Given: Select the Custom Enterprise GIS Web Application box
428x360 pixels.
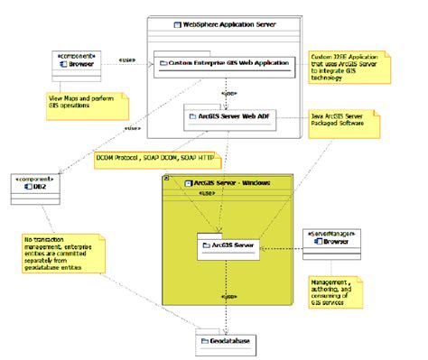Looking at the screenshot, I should [224, 63].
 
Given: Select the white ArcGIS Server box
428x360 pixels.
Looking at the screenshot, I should [229, 245].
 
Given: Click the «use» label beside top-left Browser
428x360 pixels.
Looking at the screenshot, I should [127, 61].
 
